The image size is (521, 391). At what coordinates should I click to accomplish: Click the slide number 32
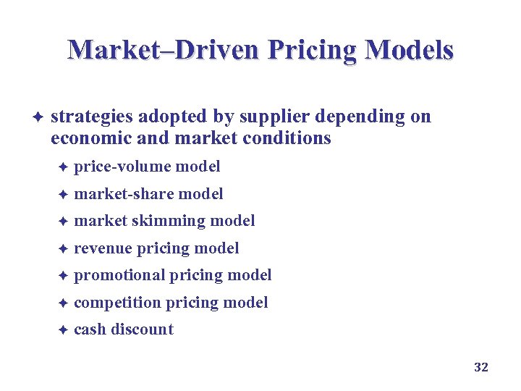tap(481, 367)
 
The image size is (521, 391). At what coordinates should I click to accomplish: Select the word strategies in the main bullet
tap(91, 117)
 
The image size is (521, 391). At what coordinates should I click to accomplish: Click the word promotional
tap(119, 275)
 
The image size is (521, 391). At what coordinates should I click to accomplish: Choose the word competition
tap(117, 303)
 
